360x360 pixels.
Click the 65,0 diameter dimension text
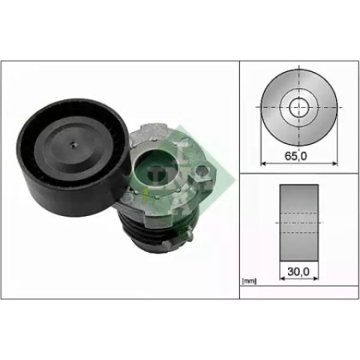tap(296, 156)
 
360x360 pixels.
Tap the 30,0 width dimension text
tap(298, 272)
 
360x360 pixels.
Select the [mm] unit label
tap(249, 281)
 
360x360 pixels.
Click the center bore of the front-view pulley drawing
tap(299, 107)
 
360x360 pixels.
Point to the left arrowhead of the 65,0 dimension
tap(263, 163)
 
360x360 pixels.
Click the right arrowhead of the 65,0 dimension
tap(334, 163)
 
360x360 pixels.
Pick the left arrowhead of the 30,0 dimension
tap(282, 278)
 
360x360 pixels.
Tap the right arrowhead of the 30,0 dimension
tap(315, 278)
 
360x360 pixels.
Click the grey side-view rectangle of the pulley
tap(299, 222)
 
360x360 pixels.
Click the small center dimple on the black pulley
tap(74, 145)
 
